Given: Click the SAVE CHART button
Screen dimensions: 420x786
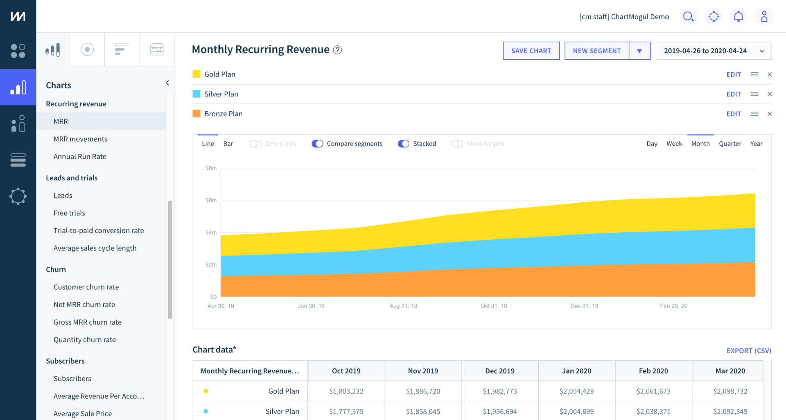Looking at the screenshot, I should click(x=531, y=51).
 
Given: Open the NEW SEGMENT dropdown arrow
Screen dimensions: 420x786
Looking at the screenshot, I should click(x=639, y=51).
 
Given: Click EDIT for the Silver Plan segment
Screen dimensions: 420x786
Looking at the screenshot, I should click(x=733, y=94).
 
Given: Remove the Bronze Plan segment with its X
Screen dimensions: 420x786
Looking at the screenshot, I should click(x=769, y=114).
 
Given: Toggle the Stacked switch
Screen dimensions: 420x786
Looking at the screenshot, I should click(x=403, y=144).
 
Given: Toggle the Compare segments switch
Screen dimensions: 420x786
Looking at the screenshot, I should click(x=317, y=144).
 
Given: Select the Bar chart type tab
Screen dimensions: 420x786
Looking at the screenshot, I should click(x=228, y=144).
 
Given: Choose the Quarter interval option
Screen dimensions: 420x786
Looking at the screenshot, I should click(x=730, y=144).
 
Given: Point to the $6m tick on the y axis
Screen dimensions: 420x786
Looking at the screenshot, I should click(x=211, y=200).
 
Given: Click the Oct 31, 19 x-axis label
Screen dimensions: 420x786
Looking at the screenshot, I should click(x=493, y=306).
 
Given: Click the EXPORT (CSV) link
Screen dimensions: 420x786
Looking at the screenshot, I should click(x=748, y=350).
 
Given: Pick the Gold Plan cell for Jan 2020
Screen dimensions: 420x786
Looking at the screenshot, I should click(x=576, y=391).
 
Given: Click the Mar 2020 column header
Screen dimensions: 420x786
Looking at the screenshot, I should click(x=730, y=371).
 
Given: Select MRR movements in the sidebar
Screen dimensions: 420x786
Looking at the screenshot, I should click(x=80, y=139).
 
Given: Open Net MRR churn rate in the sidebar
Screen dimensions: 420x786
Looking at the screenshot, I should click(x=84, y=305).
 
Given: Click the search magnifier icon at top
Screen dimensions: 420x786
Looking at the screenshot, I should click(x=688, y=16).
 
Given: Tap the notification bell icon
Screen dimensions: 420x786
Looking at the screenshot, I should click(x=738, y=16).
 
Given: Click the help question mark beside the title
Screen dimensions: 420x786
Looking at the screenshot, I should click(x=337, y=50).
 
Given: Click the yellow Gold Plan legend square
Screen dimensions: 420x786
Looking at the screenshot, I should click(x=196, y=74).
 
